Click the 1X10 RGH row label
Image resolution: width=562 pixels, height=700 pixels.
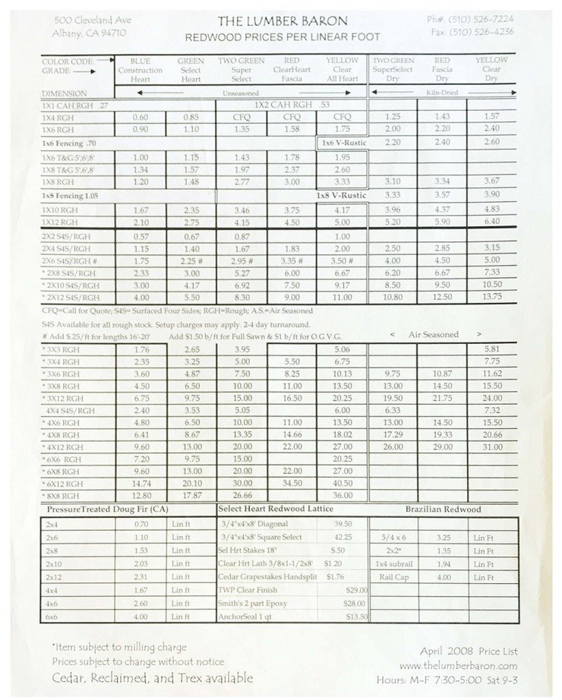coord(60,209)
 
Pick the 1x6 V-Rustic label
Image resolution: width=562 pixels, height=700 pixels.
coord(343,142)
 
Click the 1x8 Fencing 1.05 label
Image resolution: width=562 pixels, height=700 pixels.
coord(71,196)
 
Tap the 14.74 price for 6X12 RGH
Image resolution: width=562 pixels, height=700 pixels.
coord(140,482)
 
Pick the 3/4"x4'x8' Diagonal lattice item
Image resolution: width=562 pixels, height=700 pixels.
coord(254,523)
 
